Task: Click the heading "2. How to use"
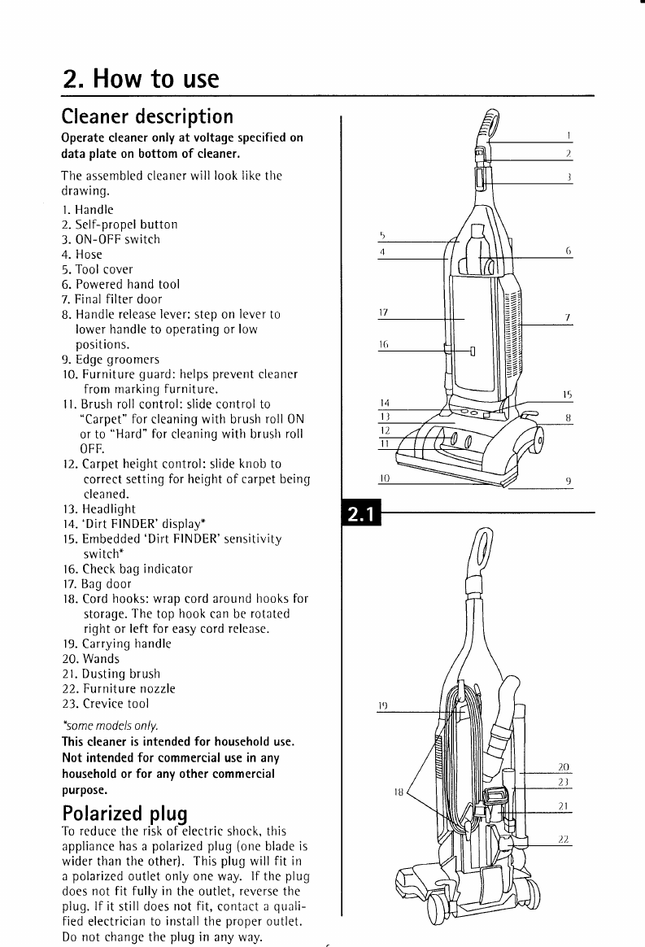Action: tap(141, 79)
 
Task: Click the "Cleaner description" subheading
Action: tap(147, 117)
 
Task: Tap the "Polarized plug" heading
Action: tap(124, 814)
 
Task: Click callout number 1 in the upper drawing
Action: tap(569, 133)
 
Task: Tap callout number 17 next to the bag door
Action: tap(385, 312)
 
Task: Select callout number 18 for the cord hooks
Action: tap(398, 789)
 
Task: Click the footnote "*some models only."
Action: tap(110, 725)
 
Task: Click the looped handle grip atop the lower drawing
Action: tap(482, 551)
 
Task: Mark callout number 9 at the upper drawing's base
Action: tap(568, 480)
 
